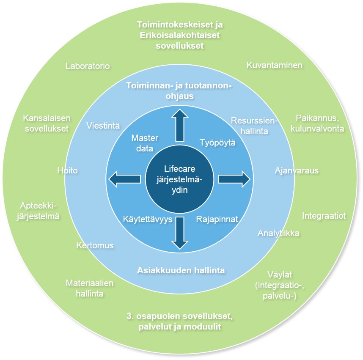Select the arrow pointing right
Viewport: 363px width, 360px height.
(x=234, y=179)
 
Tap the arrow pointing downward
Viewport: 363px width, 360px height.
(x=179, y=233)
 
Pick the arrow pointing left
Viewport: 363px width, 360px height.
(x=125, y=179)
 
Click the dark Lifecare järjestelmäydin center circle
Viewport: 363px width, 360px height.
(x=179, y=179)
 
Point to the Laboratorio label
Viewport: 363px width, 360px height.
(x=88, y=66)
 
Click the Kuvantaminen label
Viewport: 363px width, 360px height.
(x=274, y=65)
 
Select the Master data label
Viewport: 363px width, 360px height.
(x=145, y=143)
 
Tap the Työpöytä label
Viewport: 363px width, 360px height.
(x=217, y=143)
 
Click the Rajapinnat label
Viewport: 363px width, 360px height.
(x=217, y=220)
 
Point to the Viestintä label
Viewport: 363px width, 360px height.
(x=103, y=126)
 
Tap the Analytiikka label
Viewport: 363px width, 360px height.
(x=279, y=233)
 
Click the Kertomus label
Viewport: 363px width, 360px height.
(x=95, y=245)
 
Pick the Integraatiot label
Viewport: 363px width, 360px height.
(x=324, y=216)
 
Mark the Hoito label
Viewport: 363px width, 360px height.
(x=68, y=170)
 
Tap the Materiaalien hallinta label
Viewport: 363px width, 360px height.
(x=89, y=288)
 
